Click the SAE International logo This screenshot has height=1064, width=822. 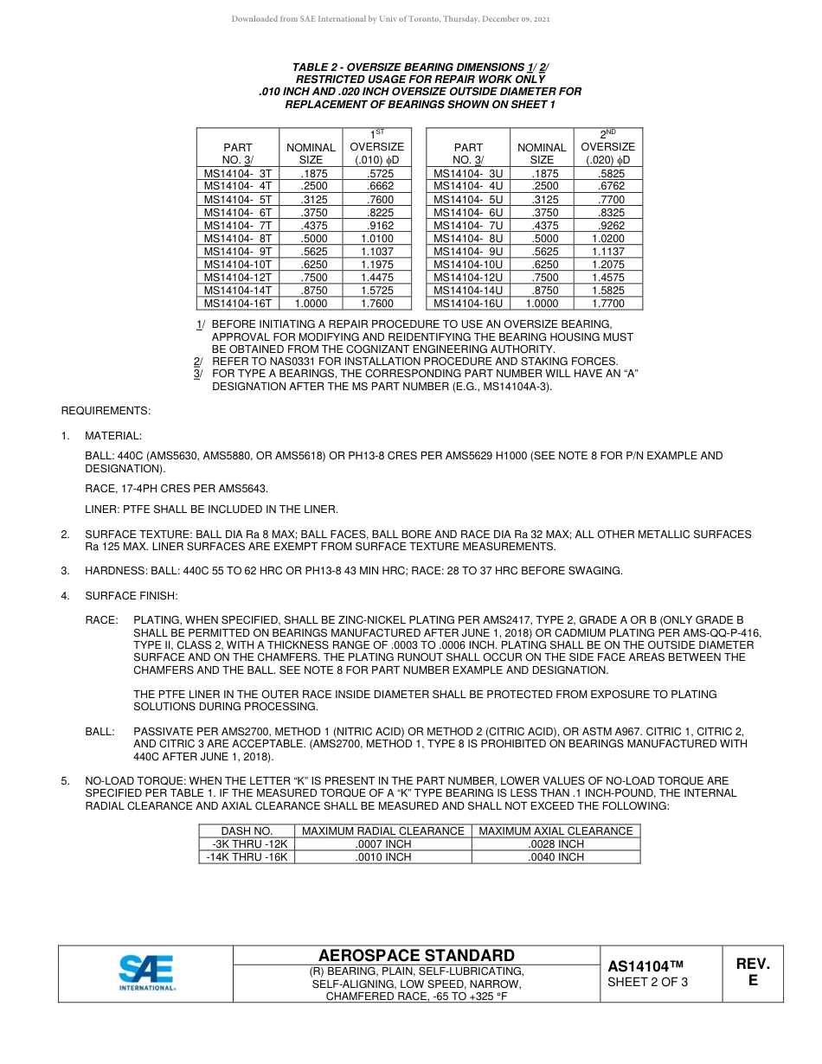pyautogui.click(x=146, y=973)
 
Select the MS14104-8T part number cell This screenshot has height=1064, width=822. pyautogui.click(x=238, y=239)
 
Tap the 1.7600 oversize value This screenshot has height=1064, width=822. pyautogui.click(x=376, y=304)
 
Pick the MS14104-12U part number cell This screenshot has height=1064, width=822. pyautogui.click(x=468, y=278)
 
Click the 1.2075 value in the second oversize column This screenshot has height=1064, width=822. pyautogui.click(x=607, y=265)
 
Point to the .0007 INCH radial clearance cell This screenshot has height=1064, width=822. pyautogui.click(x=382, y=844)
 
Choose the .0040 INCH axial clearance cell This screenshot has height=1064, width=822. pyautogui.click(x=555, y=857)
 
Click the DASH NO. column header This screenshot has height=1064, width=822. pyautogui.click(x=247, y=831)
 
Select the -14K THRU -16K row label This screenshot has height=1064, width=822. pyautogui.click(x=247, y=857)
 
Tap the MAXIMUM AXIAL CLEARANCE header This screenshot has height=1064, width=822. pyautogui.click(x=555, y=831)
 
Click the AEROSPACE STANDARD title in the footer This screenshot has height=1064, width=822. pyautogui.click(x=416, y=956)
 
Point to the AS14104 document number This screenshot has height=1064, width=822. pyautogui.click(x=645, y=966)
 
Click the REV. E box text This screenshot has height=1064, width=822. pyautogui.click(x=753, y=972)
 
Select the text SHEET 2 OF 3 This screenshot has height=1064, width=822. pyautogui.click(x=648, y=982)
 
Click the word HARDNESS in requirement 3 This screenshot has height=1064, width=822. pyautogui.click(x=113, y=571)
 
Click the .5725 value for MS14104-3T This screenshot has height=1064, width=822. pyautogui.click(x=376, y=174)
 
